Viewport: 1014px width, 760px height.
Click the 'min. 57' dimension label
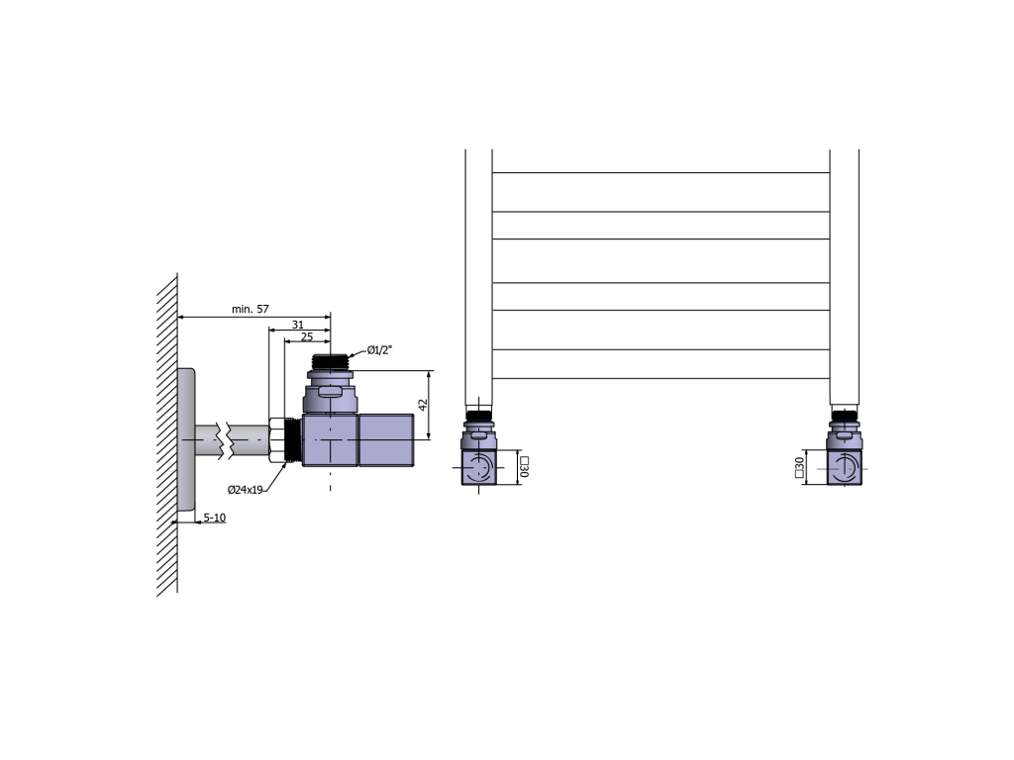(x=250, y=309)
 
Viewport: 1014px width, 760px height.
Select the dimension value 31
(x=297, y=325)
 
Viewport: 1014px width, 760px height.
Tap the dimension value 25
(x=307, y=336)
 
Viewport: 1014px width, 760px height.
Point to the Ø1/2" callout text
(x=379, y=350)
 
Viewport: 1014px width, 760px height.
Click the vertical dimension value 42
(x=423, y=405)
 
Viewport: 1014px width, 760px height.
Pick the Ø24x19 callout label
(x=246, y=490)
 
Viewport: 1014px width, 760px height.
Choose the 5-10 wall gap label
(x=215, y=518)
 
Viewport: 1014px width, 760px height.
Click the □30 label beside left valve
(x=524, y=467)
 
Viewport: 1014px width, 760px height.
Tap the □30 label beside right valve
(x=799, y=467)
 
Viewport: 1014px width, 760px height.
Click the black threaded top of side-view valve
(x=331, y=362)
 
